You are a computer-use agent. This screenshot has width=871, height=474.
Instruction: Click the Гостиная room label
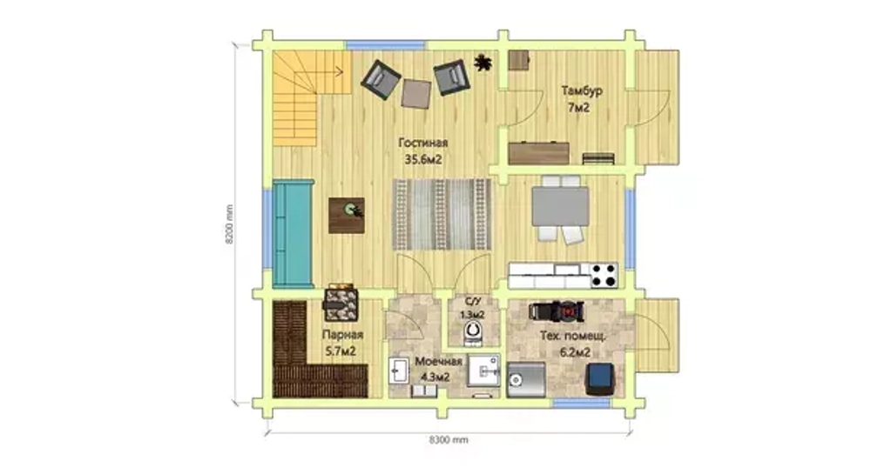click(422, 143)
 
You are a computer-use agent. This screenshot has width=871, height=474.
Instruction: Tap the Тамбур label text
click(582, 90)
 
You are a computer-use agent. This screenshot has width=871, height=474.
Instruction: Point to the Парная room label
click(342, 335)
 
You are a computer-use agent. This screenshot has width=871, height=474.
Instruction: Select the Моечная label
click(438, 362)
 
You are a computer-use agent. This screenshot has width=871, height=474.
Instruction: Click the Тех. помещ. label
click(573, 336)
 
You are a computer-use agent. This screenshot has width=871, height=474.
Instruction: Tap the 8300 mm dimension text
click(449, 440)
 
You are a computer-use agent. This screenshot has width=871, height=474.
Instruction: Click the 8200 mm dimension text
click(229, 224)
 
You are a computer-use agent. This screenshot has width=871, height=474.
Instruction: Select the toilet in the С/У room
click(473, 332)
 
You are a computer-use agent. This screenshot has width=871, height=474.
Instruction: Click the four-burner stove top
click(604, 275)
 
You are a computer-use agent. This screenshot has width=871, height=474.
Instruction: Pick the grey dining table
click(560, 206)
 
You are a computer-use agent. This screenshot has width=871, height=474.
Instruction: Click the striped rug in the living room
click(442, 214)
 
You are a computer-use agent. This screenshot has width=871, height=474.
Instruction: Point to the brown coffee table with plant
click(347, 215)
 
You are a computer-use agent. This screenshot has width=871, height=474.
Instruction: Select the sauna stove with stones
click(340, 303)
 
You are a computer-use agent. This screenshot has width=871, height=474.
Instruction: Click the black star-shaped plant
click(483, 62)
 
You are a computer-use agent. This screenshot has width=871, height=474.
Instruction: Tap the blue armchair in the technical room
click(600, 379)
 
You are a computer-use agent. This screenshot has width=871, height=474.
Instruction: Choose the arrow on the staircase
click(321, 71)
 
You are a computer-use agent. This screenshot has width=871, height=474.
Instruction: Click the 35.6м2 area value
click(422, 160)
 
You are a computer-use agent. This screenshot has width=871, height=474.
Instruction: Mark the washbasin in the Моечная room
click(398, 371)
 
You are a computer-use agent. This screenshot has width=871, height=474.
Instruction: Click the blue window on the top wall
click(386, 45)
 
